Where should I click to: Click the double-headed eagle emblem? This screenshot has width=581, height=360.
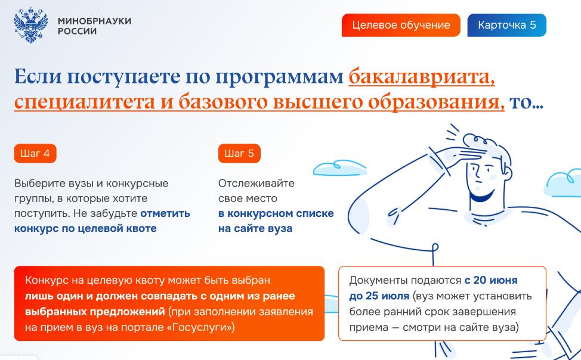pyautogui.click(x=31, y=25)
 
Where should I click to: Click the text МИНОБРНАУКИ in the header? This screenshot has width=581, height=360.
pyautogui.click(x=94, y=21)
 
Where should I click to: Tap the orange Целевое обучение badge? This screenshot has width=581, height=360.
pyautogui.click(x=401, y=25)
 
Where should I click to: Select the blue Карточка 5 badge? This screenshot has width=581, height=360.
pyautogui.click(x=507, y=25)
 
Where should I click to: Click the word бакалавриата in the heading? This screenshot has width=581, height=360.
pyautogui.click(x=422, y=77)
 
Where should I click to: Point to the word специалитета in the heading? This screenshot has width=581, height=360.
pyautogui.click(x=85, y=102)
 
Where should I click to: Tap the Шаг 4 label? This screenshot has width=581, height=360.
pyautogui.click(x=35, y=153)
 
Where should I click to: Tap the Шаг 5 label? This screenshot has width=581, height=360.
pyautogui.click(x=239, y=153)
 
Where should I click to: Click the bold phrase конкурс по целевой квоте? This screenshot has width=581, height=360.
pyautogui.click(x=85, y=228)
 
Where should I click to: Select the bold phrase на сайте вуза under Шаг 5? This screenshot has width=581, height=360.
pyautogui.click(x=255, y=228)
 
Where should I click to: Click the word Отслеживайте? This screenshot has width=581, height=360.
pyautogui.click(x=256, y=184)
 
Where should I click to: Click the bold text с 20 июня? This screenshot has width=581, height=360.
pyautogui.click(x=491, y=280)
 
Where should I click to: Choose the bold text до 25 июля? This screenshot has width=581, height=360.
pyautogui.click(x=379, y=296)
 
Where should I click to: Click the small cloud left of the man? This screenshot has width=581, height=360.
pyautogui.click(x=339, y=167)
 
